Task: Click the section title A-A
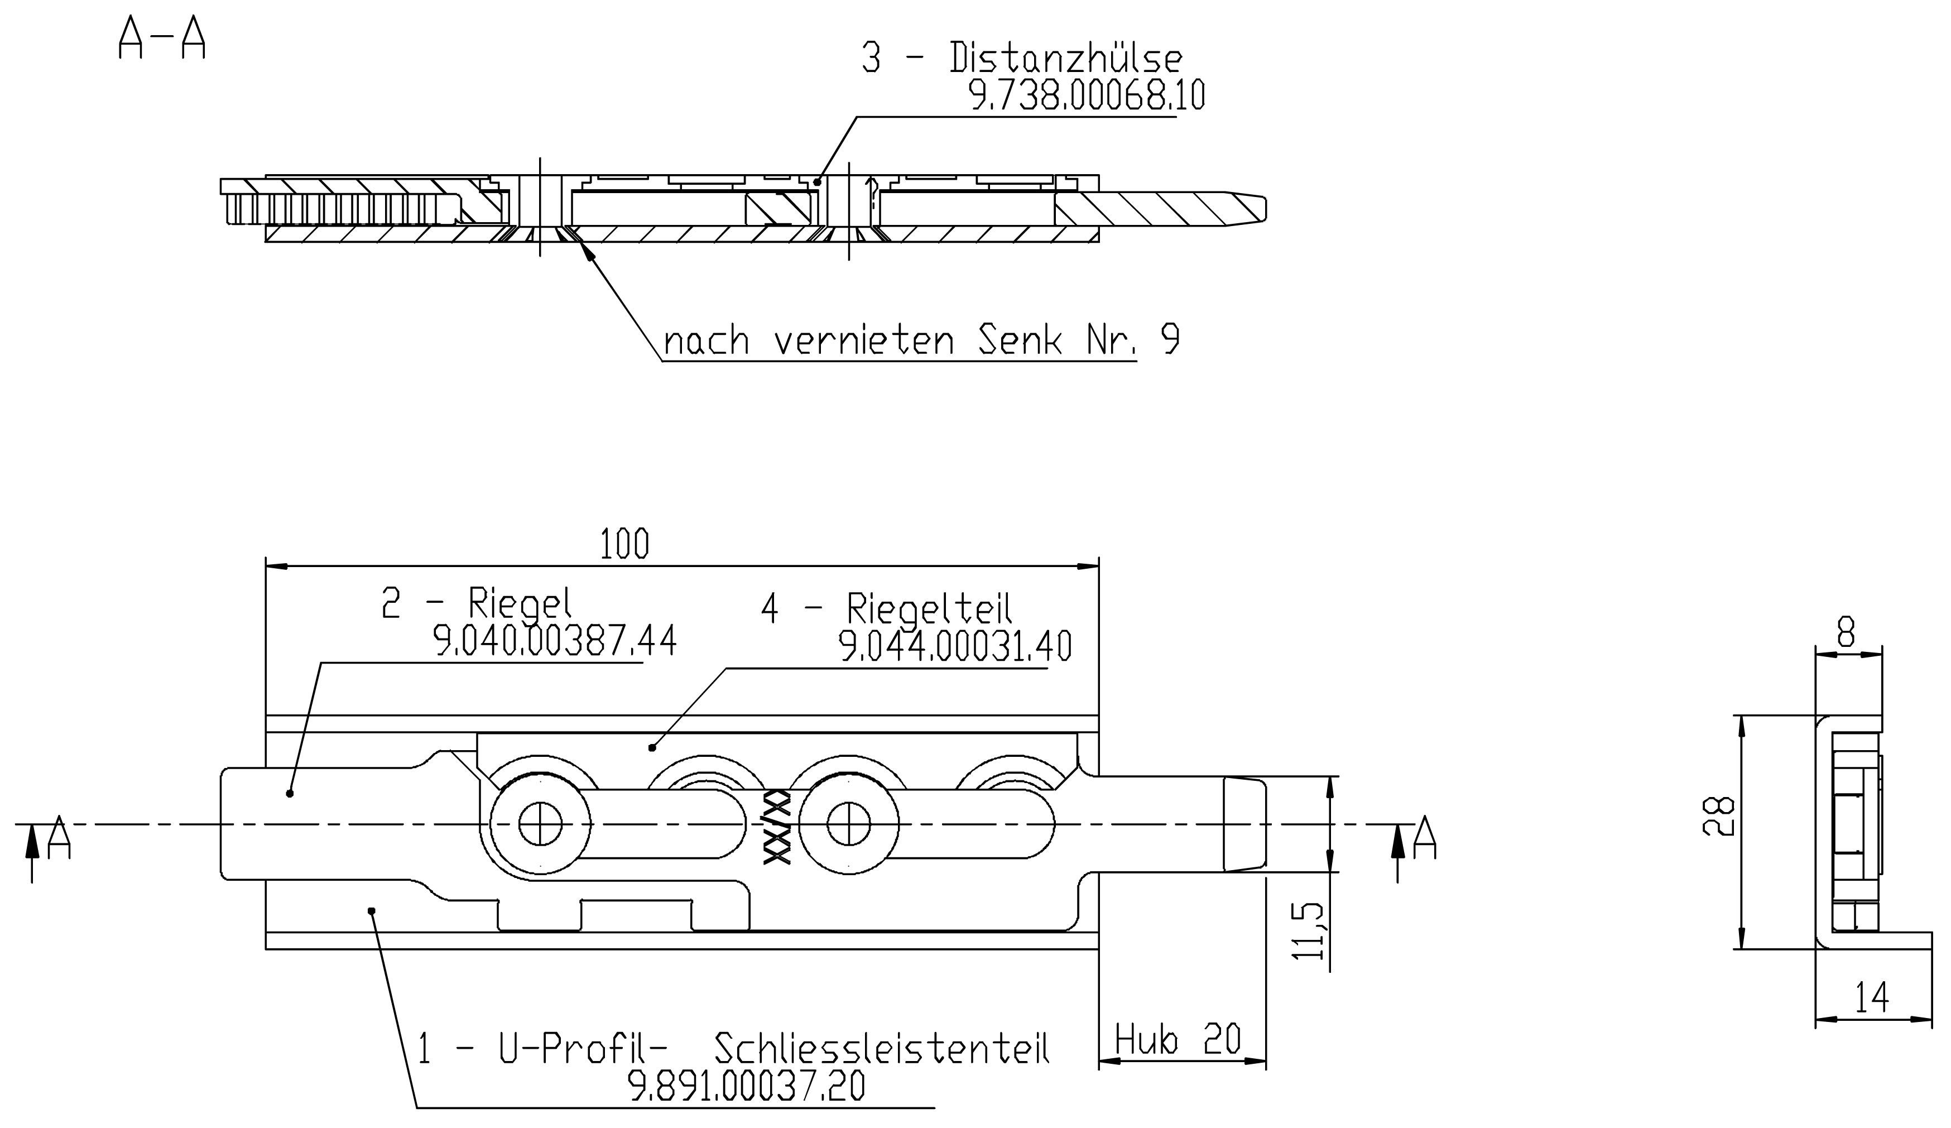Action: (x=162, y=38)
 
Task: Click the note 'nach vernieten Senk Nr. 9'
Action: (x=921, y=340)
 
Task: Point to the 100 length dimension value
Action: (x=624, y=544)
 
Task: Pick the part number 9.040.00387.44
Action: (x=554, y=640)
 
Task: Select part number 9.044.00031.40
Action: (x=956, y=646)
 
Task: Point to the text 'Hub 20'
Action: (x=1178, y=1039)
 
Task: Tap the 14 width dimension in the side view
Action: (x=1872, y=997)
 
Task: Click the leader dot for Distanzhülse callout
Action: (x=818, y=183)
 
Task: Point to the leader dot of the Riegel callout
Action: (x=290, y=794)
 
